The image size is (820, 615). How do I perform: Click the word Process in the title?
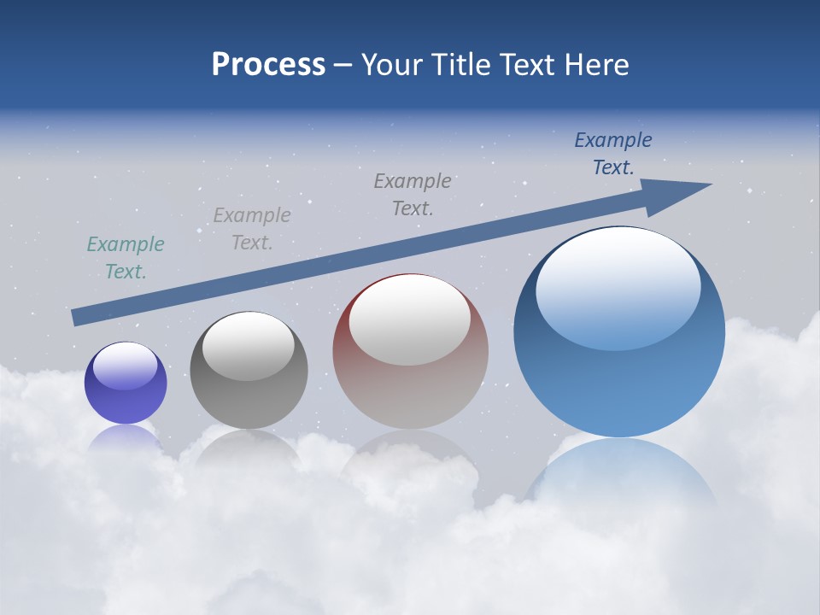pos(268,65)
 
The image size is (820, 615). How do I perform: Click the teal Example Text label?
pos(126,258)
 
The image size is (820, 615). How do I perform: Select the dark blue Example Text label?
pos(613,154)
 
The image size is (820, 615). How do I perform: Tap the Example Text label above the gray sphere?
pos(252,229)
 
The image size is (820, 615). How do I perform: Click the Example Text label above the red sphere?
pos(413,195)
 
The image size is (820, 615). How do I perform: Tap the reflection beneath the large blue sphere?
pos(620,478)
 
